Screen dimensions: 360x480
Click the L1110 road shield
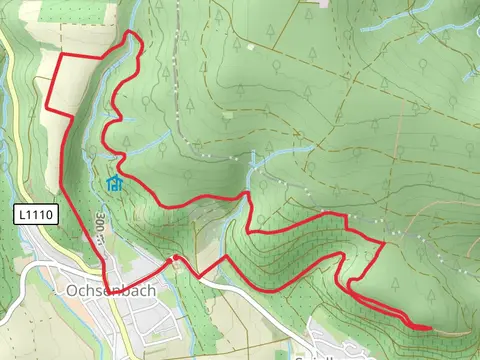tap(36, 214)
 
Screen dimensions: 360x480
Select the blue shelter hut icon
tap(114, 183)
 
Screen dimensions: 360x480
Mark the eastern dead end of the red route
tap(430, 327)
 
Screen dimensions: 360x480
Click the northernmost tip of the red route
tap(131, 33)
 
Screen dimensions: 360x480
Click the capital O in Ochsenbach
tap(70, 291)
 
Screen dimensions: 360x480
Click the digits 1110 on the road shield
tap(41, 214)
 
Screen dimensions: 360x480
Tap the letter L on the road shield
tap(22, 214)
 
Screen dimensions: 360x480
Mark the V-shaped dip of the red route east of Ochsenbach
tap(199, 275)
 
